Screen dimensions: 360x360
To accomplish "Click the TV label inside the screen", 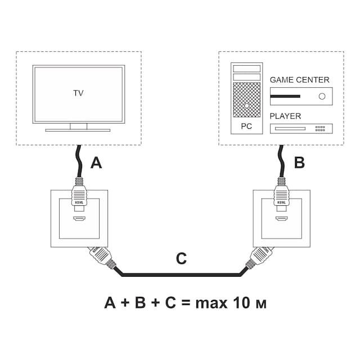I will tap(78, 93).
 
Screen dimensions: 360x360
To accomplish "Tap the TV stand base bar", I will tap(78, 130).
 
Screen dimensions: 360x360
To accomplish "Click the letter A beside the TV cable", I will tap(97, 163).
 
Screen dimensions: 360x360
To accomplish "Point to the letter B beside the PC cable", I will tap(299, 163).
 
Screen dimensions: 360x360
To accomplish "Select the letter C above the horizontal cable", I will tap(181, 259).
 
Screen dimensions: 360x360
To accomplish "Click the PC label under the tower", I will tap(246, 127).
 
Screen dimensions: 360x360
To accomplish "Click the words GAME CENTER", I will tap(299, 80).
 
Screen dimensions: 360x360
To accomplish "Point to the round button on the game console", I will tap(322, 96).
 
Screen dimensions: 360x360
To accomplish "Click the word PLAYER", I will tap(285, 116).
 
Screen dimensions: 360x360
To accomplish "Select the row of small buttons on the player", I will tap(320, 128).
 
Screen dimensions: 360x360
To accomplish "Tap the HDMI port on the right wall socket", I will tap(281, 218).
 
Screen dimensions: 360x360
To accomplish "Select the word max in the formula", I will tap(211, 303).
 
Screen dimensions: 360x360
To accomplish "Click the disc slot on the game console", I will tap(285, 96).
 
